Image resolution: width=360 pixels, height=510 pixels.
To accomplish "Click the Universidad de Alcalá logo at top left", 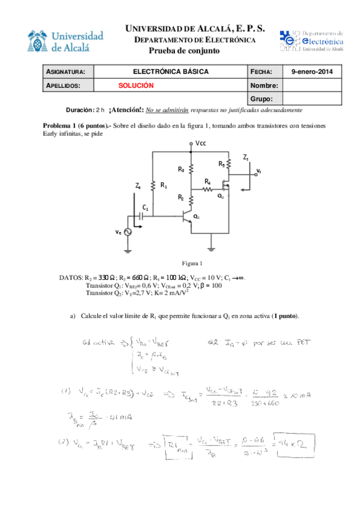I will [x=66, y=41].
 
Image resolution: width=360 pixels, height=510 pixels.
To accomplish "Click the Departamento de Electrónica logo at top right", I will [x=311, y=41].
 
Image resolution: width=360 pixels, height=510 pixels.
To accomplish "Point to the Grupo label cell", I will [x=264, y=99].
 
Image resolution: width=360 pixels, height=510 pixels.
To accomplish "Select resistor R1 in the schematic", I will [x=154, y=186].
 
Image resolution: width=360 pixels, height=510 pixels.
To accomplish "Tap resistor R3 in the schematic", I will [x=191, y=170].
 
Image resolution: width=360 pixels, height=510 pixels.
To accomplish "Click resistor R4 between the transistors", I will [x=207, y=189].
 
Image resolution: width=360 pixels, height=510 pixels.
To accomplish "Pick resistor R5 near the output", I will [x=229, y=164].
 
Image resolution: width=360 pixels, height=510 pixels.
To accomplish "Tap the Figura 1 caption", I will [x=193, y=263].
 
